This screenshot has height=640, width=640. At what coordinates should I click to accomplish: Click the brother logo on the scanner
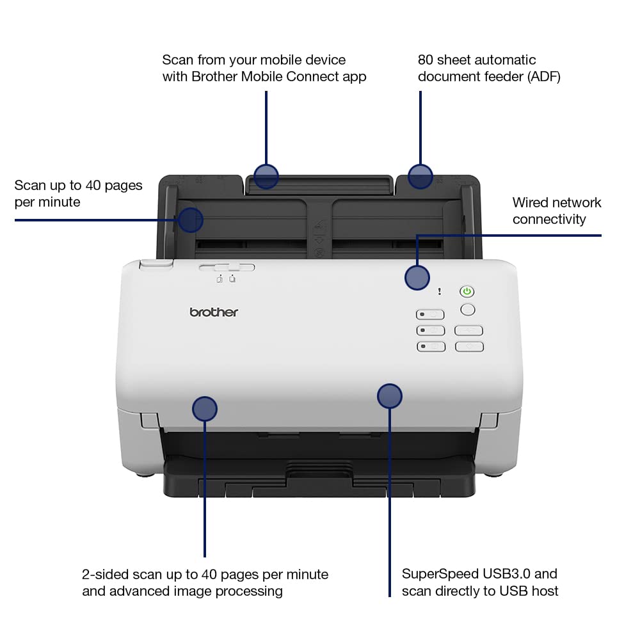(x=214, y=312)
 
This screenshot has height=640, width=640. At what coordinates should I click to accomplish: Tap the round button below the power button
(x=468, y=310)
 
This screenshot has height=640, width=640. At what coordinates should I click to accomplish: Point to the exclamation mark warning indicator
(x=439, y=292)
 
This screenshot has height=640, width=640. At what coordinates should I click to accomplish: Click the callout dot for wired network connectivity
(x=417, y=277)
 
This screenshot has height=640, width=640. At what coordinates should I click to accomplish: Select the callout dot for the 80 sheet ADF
(x=420, y=176)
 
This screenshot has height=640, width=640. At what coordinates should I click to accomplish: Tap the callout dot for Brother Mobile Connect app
(x=266, y=176)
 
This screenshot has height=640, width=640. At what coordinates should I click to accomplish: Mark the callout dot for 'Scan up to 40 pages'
(x=190, y=220)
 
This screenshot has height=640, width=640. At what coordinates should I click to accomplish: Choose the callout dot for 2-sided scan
(x=205, y=408)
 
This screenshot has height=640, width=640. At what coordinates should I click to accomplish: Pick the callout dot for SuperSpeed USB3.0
(x=389, y=396)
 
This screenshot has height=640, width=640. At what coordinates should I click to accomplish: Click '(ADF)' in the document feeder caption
(x=538, y=77)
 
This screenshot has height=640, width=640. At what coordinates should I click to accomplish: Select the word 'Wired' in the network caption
(x=531, y=203)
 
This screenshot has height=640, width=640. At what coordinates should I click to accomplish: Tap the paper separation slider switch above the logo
(x=226, y=268)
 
